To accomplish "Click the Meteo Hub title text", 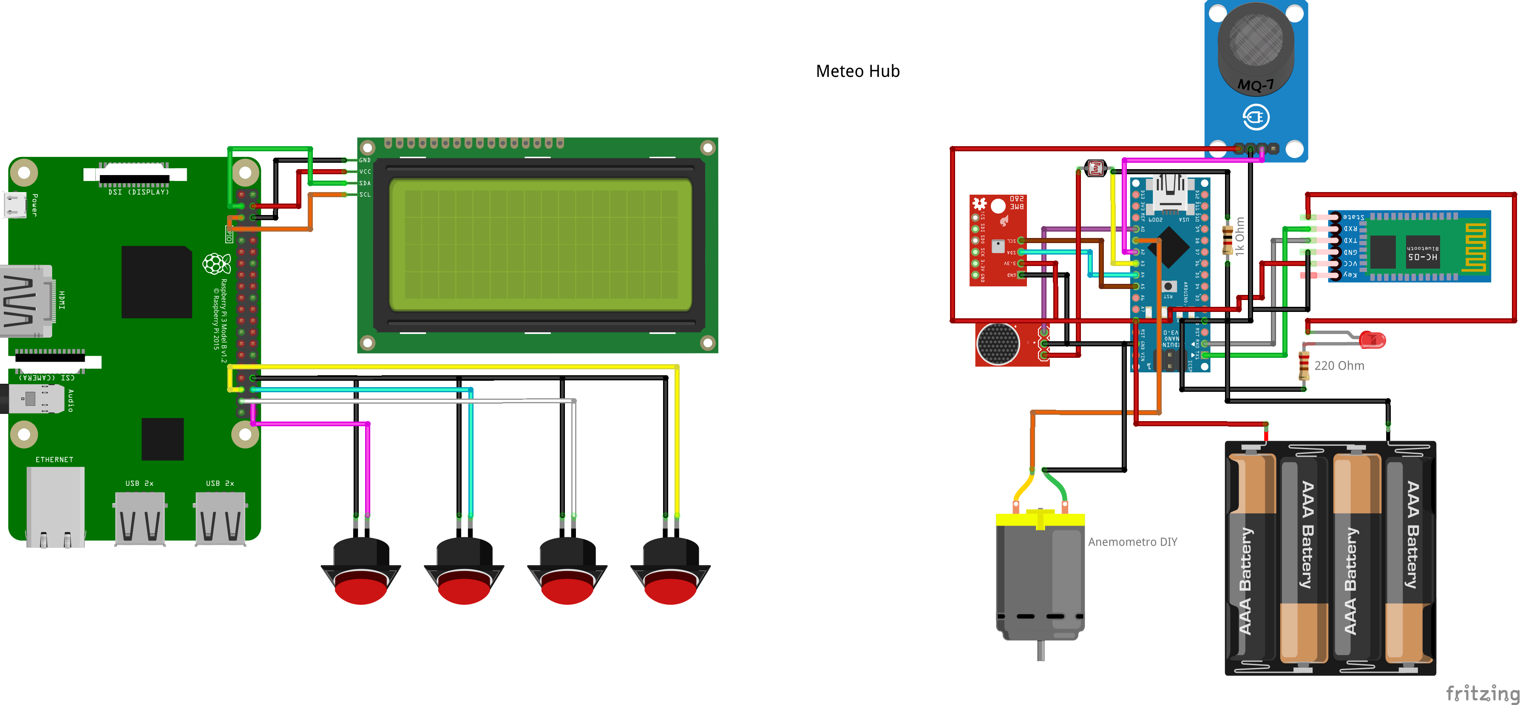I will pyautogui.click(x=857, y=71).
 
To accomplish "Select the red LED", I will pyautogui.click(x=1372, y=340).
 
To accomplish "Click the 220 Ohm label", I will pyautogui.click(x=1339, y=366).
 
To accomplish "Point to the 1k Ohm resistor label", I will pyautogui.click(x=1240, y=236).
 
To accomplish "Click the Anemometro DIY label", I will pyautogui.click(x=1132, y=541).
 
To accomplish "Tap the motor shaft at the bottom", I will pyautogui.click(x=1041, y=651).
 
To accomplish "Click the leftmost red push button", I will pyautogui.click(x=360, y=587).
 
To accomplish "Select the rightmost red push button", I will pyautogui.click(x=670, y=587).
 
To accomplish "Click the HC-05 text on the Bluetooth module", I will pyautogui.click(x=1422, y=257).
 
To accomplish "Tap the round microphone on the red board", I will pyautogui.click(x=997, y=344).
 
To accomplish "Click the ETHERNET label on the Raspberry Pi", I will pyautogui.click(x=54, y=459).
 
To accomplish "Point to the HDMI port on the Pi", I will pyautogui.click(x=26, y=301).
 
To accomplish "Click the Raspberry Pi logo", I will pyautogui.click(x=216, y=264).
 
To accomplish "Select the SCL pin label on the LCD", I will pyautogui.click(x=365, y=195).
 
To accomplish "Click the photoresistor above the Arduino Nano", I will pyautogui.click(x=1095, y=169).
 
